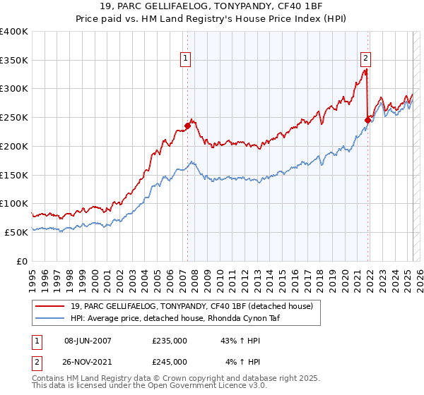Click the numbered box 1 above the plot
[185, 59]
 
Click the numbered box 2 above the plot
[366, 59]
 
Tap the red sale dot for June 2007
[187, 126]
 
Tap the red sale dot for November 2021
[367, 121]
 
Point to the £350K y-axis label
[13, 61]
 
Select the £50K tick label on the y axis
[16, 232]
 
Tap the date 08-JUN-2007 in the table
[88, 341]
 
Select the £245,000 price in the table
[170, 361]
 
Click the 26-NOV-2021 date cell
[88, 361]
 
